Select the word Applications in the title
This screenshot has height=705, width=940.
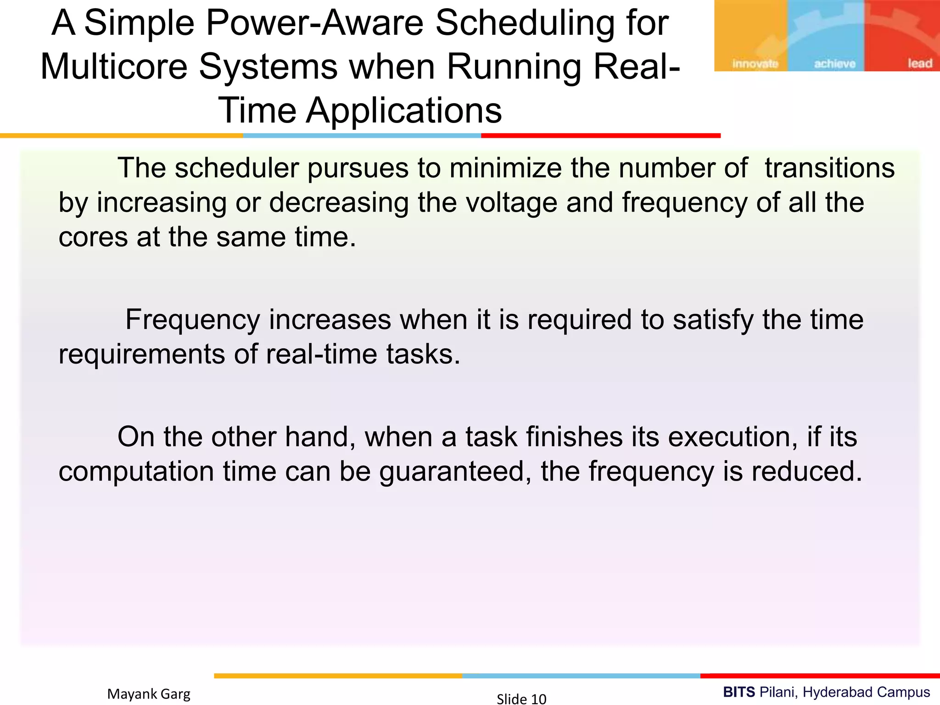(404, 111)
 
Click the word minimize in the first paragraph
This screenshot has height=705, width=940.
(505, 168)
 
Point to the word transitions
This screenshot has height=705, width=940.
(829, 168)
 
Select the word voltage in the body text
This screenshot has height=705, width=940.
(511, 203)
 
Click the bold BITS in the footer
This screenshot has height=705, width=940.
(739, 692)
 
